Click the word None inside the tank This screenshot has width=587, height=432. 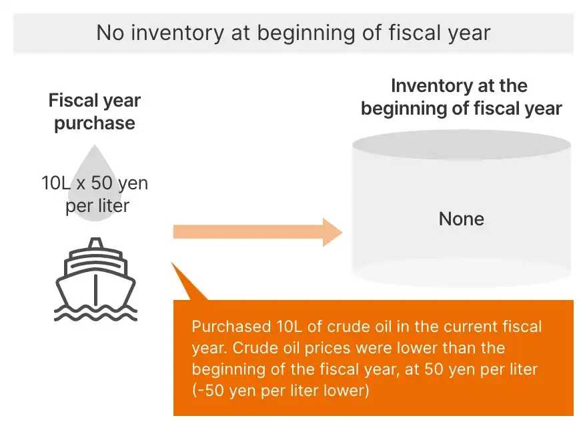click(x=461, y=219)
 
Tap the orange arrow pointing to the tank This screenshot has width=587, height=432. click(x=257, y=232)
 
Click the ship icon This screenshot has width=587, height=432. click(x=96, y=279)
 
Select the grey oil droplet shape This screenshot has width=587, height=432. click(x=94, y=183)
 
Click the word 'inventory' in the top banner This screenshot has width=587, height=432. click(x=177, y=33)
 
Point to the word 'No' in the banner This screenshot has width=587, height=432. click(x=111, y=33)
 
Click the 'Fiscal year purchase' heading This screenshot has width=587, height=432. click(x=95, y=112)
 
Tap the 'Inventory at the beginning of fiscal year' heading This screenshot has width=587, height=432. click(x=461, y=97)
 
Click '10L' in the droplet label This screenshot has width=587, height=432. click(x=56, y=183)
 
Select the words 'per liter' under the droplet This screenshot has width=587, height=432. click(x=97, y=206)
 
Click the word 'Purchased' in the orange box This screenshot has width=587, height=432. click(x=231, y=327)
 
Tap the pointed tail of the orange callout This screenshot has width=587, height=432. click(x=172, y=263)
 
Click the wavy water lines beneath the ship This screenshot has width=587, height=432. click(x=96, y=313)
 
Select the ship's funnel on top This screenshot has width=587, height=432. click(x=96, y=243)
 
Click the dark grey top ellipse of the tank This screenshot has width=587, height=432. click(x=461, y=145)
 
